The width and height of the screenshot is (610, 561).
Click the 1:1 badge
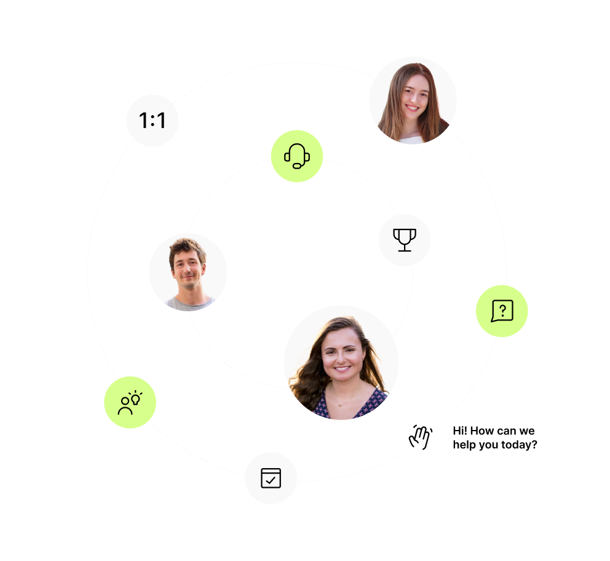[x=152, y=121]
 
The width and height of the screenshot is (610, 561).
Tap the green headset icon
[x=297, y=156]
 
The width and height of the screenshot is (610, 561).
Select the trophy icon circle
[x=405, y=240]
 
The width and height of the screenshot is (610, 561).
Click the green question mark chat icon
[x=502, y=311]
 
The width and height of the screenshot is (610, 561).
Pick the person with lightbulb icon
[x=130, y=402]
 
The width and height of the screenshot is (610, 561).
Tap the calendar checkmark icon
[x=271, y=478]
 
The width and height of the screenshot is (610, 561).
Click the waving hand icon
[x=421, y=437]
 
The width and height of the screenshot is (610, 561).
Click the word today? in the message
[x=518, y=444]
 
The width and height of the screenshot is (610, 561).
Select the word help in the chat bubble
[x=465, y=444]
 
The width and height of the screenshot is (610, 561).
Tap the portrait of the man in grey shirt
[x=188, y=273]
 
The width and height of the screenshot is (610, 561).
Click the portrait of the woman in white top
[x=413, y=101]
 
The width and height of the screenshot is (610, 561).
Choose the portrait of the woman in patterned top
[x=341, y=363]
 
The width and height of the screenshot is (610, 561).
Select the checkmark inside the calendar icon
[x=271, y=480]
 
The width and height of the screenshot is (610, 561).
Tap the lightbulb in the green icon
[x=135, y=397]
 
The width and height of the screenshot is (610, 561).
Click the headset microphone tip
[x=297, y=166]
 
